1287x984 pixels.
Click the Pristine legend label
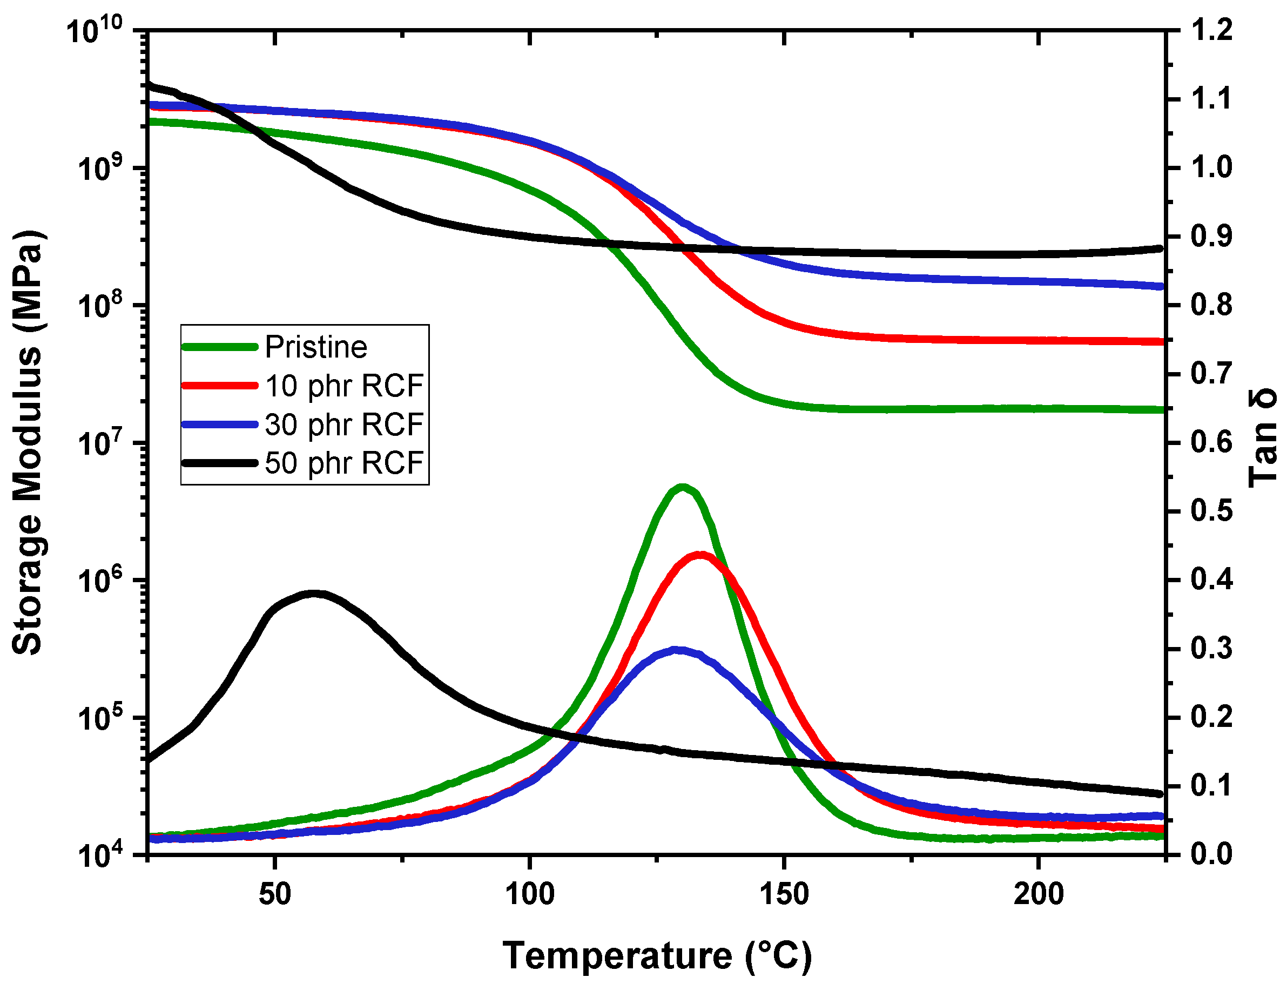tap(316, 347)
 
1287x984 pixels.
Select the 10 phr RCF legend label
tap(344, 386)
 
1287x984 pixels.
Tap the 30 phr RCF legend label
tap(344, 424)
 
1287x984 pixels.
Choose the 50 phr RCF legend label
tap(344, 463)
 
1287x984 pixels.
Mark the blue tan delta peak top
tap(678, 650)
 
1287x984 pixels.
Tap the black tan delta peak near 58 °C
tap(314, 594)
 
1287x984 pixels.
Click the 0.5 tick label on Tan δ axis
tap(1211, 511)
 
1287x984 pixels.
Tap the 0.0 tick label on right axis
tap(1211, 854)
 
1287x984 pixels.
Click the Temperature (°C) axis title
tap(657, 956)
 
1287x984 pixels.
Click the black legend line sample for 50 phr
tap(220, 463)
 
